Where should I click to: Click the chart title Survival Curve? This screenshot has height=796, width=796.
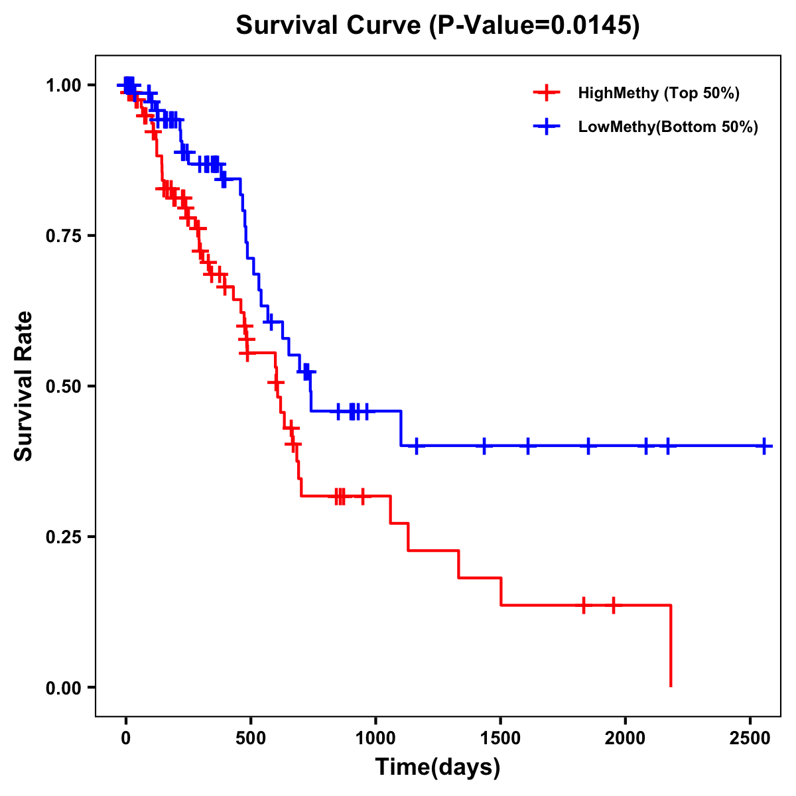point(438,26)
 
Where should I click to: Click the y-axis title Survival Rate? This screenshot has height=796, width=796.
point(24,385)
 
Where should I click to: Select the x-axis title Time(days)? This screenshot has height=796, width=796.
point(438,767)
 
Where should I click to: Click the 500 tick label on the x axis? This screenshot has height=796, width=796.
point(251,738)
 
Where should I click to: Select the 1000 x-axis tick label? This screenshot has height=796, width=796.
point(375,738)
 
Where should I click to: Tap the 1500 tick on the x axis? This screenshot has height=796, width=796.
point(500,738)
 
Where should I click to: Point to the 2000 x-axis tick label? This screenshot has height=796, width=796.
point(626,738)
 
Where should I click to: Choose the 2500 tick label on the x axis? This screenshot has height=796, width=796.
point(750,738)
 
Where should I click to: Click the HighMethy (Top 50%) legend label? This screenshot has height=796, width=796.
point(658,93)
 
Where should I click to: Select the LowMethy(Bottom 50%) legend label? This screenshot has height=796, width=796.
point(668,127)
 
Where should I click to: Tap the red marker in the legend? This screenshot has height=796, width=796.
point(546,93)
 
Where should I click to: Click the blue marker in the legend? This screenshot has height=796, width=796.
point(546,127)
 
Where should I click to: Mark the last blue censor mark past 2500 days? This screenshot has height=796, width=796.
point(764,446)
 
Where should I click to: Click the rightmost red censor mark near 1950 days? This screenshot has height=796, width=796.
point(614,605)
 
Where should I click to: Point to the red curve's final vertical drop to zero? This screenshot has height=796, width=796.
point(671,647)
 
